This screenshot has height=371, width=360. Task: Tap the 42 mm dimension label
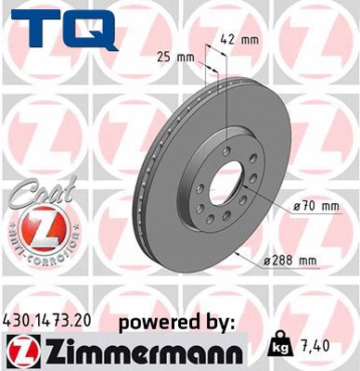click(240, 39)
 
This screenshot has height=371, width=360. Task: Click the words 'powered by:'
click(177, 321)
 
